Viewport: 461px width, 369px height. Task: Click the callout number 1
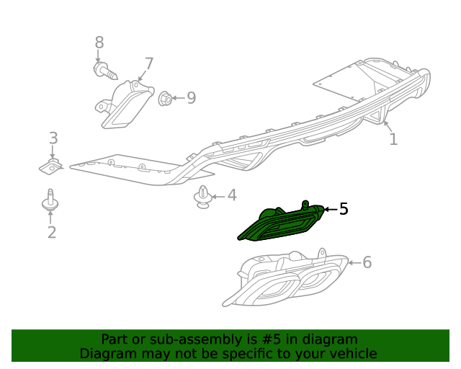pos(393,139)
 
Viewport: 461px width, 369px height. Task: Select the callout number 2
pos(52,232)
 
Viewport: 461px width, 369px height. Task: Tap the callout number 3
pos(53,138)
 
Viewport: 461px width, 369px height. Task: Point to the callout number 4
pos(232,195)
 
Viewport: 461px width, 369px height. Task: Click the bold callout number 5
pos(344,209)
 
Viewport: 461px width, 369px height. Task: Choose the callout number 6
pos(367,262)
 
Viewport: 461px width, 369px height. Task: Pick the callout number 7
pos(149,63)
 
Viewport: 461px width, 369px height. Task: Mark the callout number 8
pos(99,43)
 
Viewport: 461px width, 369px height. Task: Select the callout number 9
pos(192,98)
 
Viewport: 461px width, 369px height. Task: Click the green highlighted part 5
pos(281,223)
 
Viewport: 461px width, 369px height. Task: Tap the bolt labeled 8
pos(105,71)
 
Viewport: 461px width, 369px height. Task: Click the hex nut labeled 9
pos(165,99)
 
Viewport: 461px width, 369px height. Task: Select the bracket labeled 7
pos(125,105)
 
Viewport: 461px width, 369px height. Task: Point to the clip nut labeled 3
pos(51,167)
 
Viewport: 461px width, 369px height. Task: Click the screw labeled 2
pos(50,200)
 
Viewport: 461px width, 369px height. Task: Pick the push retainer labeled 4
pos(203,197)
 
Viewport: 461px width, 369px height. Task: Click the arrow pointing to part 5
pos(331,209)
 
